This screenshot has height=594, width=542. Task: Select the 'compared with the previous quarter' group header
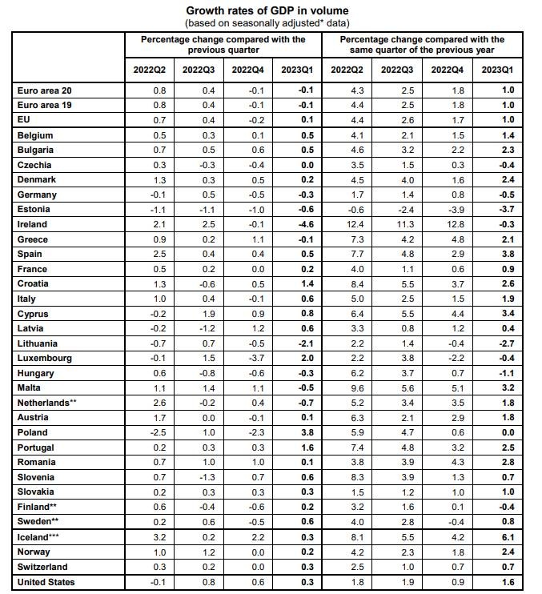[223, 44]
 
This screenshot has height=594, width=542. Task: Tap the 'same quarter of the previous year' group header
[422, 44]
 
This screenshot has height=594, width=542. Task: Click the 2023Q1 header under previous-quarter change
[297, 70]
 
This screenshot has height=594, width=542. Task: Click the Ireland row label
[32, 225]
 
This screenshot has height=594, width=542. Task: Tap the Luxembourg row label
[44, 358]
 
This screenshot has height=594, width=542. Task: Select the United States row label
[46, 582]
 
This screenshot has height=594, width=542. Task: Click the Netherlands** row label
[48, 403]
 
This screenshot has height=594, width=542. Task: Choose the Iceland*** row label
[40, 537]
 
